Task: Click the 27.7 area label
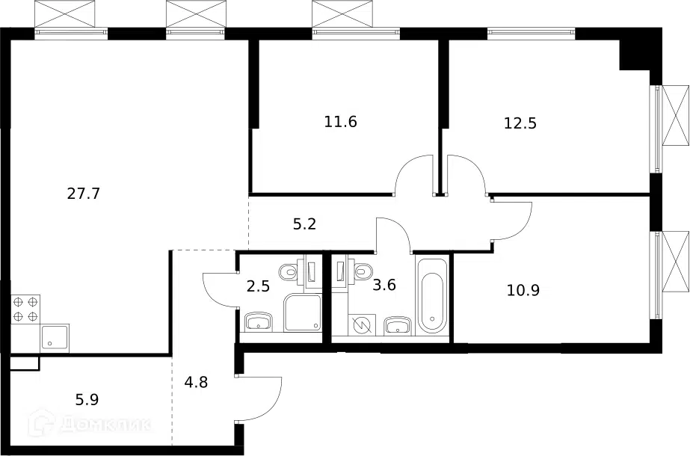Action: (84, 193)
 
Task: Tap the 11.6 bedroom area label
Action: (341, 122)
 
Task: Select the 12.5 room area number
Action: (520, 123)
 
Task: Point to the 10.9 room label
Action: (523, 291)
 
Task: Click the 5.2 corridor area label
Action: (304, 224)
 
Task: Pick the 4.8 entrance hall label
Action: (196, 381)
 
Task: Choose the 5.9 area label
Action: (87, 399)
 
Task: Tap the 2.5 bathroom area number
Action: (258, 286)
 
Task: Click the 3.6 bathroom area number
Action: (384, 286)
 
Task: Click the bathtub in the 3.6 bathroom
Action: (433, 295)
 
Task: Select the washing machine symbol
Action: (362, 325)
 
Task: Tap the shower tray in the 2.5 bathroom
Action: (303, 313)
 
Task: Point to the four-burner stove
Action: (25, 309)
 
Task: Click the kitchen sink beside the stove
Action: (55, 338)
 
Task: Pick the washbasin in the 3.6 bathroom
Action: (398, 326)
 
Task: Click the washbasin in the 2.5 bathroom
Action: (259, 322)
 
